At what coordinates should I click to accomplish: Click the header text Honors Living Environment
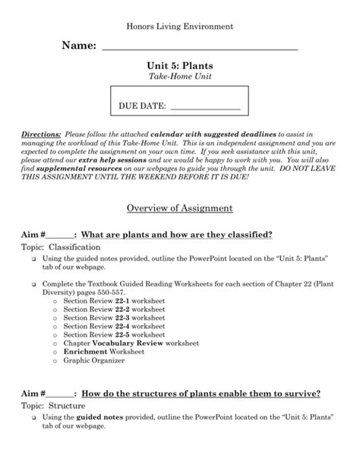tap(179, 27)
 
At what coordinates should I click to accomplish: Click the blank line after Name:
tap(199, 49)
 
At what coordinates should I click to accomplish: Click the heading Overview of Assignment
tap(180, 208)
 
